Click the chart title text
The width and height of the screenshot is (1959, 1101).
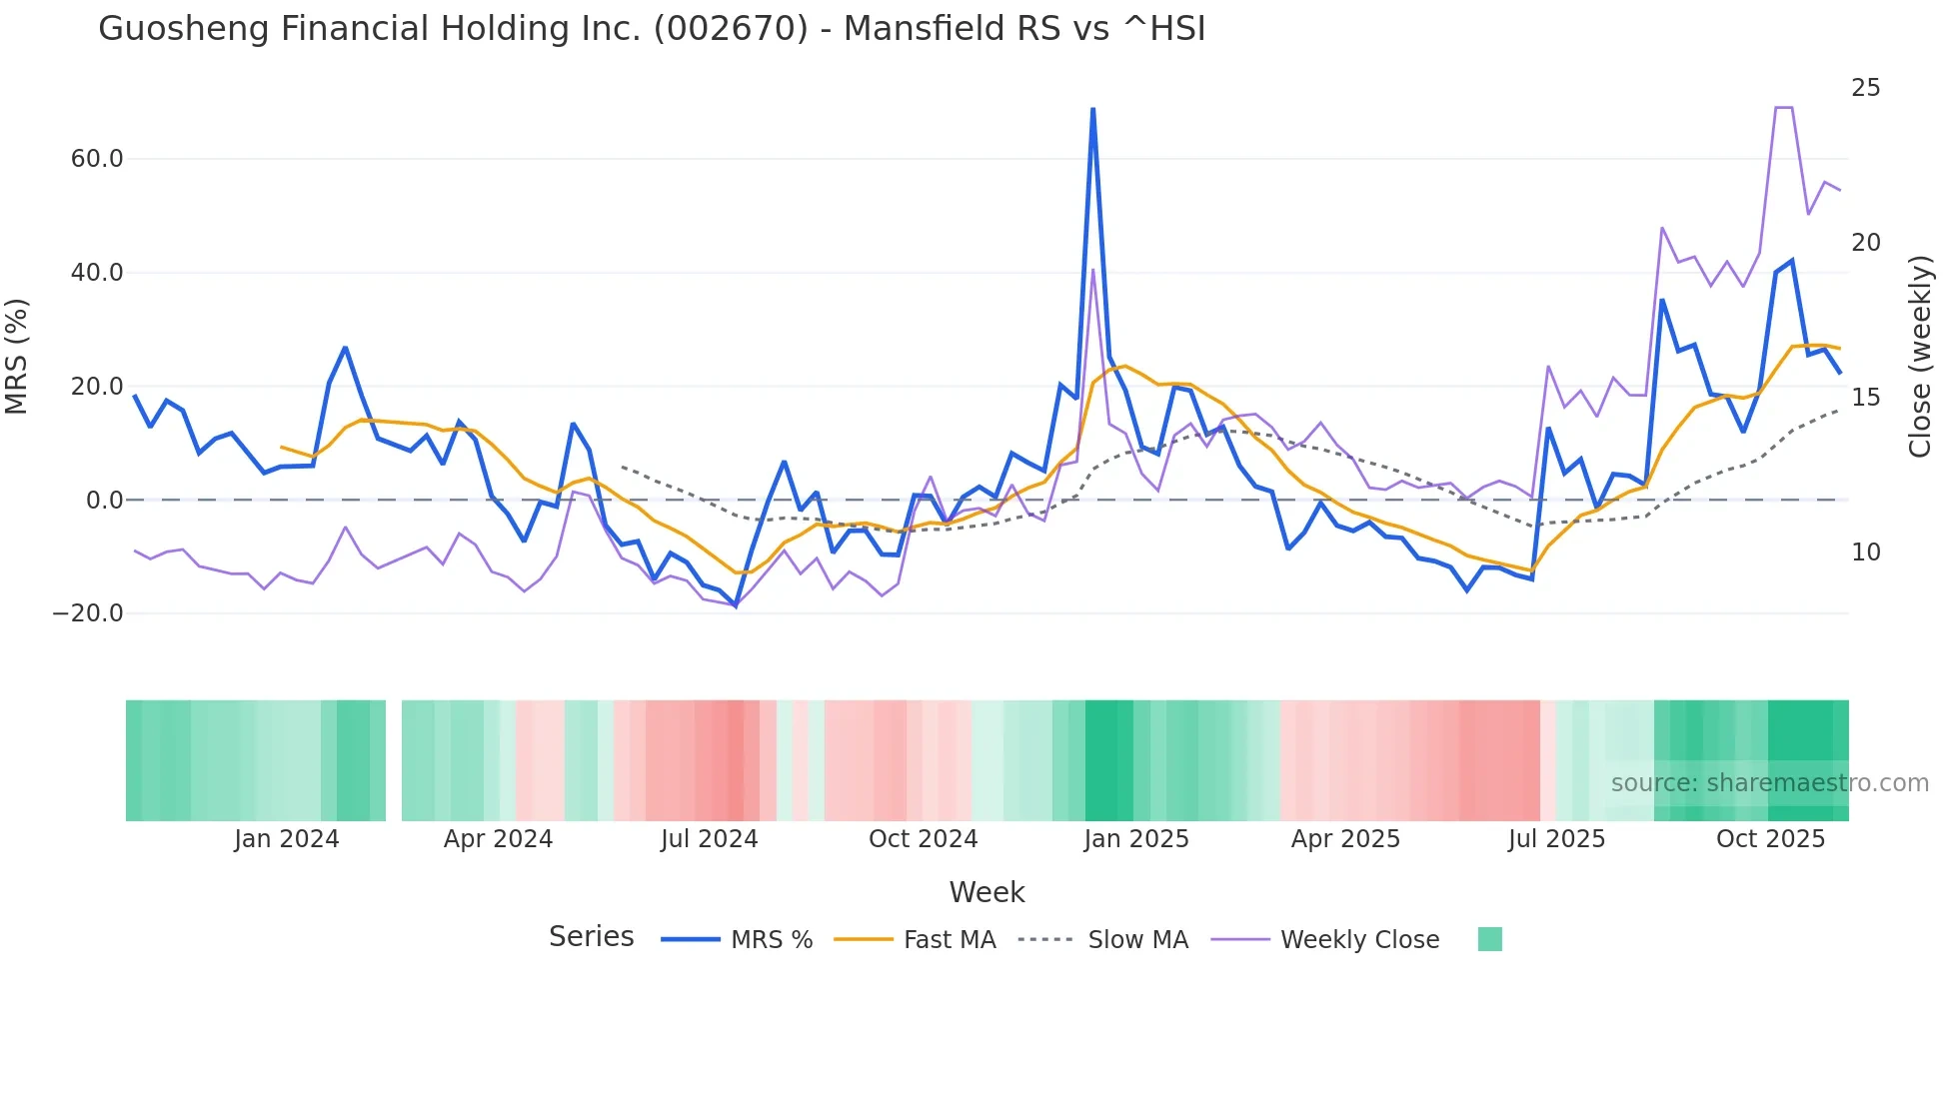point(652,29)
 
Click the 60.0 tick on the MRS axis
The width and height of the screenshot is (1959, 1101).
point(97,159)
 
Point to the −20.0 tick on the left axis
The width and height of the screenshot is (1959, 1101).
point(88,613)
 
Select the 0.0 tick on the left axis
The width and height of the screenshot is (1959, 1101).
point(104,501)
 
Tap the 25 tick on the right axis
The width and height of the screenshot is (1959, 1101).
point(1865,88)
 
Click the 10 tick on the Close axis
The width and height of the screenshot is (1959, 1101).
point(1865,552)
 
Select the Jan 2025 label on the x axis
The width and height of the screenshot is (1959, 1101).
point(1136,839)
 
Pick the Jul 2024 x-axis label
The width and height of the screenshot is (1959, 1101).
point(709,839)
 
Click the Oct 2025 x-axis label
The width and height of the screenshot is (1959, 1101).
point(1770,839)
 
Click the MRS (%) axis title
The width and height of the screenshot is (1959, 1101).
point(17,357)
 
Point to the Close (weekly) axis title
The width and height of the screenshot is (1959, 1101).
point(1920,357)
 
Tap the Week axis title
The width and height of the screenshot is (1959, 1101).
point(986,892)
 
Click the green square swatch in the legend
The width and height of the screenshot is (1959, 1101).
point(1489,939)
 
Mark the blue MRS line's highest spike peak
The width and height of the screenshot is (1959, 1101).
point(1092,109)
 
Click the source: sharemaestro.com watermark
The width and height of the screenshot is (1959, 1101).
point(1769,783)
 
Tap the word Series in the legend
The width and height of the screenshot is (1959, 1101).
point(591,937)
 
